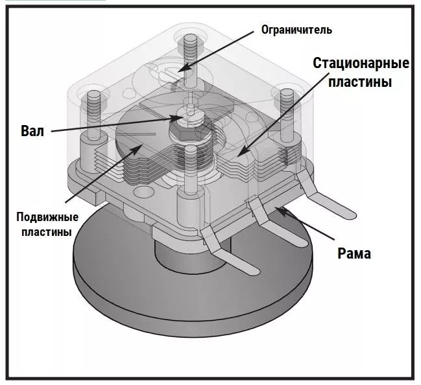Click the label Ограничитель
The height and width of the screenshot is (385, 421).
pyautogui.click(x=296, y=30)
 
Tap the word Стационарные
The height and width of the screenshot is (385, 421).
pyautogui.click(x=361, y=64)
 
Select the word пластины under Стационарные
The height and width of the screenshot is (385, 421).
pyautogui.click(x=361, y=83)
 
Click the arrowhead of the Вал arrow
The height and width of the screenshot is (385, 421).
pyautogui.click(x=182, y=118)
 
